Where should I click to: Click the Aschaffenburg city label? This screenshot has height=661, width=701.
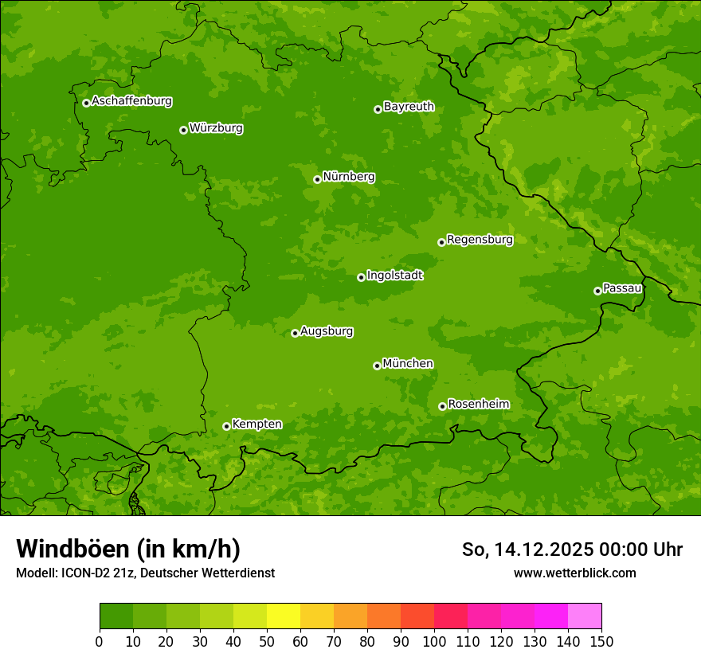point(131,101)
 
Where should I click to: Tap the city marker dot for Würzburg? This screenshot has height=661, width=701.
point(183,130)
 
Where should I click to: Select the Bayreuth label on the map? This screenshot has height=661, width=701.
point(409,107)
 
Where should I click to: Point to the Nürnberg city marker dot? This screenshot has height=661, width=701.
point(317,179)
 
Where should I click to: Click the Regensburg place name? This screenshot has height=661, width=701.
point(480,240)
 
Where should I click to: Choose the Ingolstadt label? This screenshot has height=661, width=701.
point(394,276)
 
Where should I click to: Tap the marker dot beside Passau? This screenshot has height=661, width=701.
point(597,291)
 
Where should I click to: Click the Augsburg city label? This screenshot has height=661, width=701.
point(327,331)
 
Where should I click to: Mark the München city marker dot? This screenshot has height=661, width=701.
point(377,366)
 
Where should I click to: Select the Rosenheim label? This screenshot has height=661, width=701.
point(478,405)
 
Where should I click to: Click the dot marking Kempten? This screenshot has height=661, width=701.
point(226,426)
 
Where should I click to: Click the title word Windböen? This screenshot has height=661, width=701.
point(72,549)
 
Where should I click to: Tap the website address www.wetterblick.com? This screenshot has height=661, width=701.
point(574,573)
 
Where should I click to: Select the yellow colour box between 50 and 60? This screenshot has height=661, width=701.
point(284,616)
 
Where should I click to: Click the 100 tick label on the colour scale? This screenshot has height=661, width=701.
point(434,641)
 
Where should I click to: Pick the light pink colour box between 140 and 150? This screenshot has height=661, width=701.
point(585,616)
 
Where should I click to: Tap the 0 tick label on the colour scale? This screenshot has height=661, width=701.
point(100,641)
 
